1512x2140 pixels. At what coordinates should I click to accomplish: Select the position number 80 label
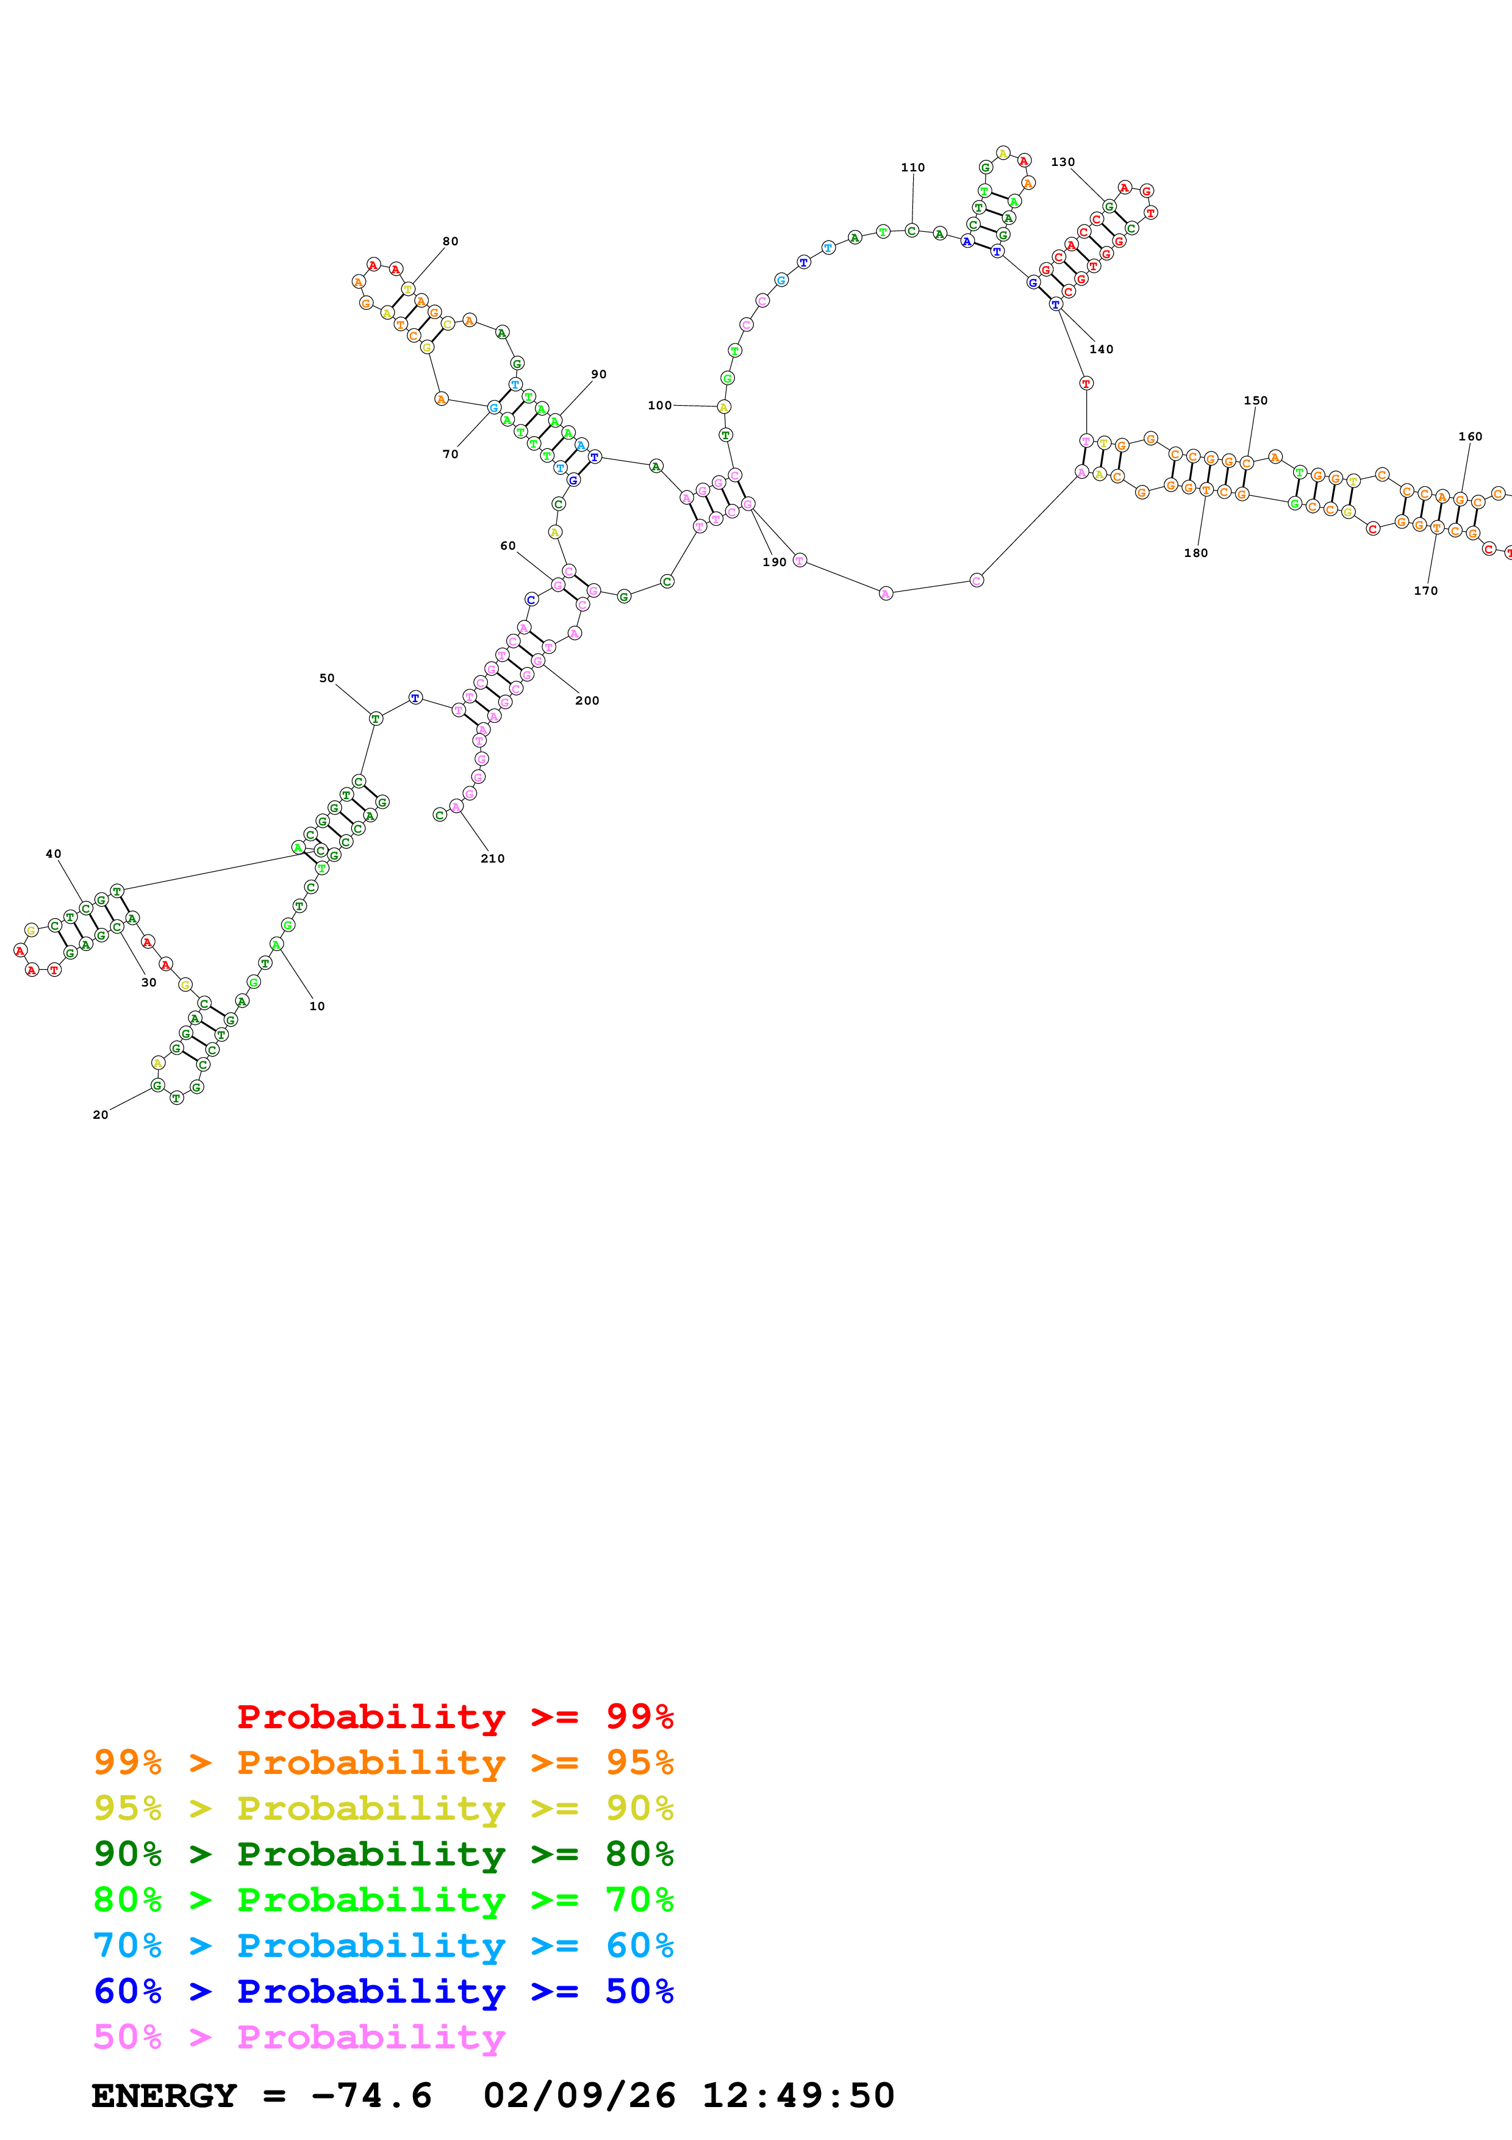tap(450, 242)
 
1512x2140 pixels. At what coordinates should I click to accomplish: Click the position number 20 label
tap(101, 1115)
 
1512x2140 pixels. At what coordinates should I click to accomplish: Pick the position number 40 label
tap(53, 854)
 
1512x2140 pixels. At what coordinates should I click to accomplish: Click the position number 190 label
tap(774, 562)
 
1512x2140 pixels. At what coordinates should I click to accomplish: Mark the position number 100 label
tap(659, 406)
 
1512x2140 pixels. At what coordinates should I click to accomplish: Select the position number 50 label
tap(326, 678)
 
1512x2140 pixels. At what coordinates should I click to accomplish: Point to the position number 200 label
tap(587, 701)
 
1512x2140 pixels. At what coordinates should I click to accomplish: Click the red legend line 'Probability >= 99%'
tap(454, 1716)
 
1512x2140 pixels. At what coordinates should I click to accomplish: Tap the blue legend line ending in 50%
tap(383, 1991)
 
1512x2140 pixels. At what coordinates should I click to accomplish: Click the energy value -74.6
tap(371, 2095)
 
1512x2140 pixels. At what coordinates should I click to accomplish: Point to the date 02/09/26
tap(579, 2095)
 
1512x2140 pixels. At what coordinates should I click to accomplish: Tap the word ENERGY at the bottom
tap(164, 2095)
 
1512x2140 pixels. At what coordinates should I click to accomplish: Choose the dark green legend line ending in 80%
tap(383, 1854)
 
